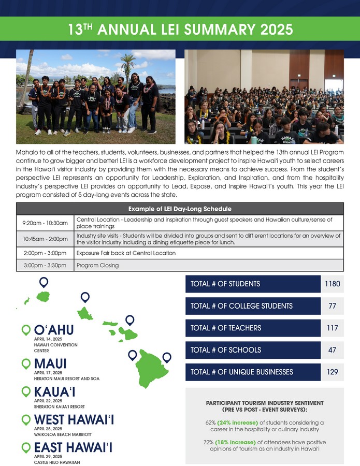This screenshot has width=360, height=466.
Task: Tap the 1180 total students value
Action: [332, 284]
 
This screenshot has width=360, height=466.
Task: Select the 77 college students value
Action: [332, 306]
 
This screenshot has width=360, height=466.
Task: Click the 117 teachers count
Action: [332, 328]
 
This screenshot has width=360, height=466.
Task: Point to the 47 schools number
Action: [332, 350]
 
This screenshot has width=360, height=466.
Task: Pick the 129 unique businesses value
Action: [332, 372]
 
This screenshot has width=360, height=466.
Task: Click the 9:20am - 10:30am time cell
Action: [46, 223]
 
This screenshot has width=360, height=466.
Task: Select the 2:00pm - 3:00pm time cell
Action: [46, 253]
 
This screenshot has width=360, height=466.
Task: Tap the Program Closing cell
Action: [97, 266]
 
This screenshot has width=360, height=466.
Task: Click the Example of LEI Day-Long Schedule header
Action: [180, 209]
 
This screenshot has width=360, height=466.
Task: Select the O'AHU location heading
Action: [54, 330]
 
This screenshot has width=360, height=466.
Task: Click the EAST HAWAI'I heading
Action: [74, 447]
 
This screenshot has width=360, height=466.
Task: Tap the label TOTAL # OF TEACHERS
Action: [226, 328]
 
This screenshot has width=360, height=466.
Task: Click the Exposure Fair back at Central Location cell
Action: [126, 253]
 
